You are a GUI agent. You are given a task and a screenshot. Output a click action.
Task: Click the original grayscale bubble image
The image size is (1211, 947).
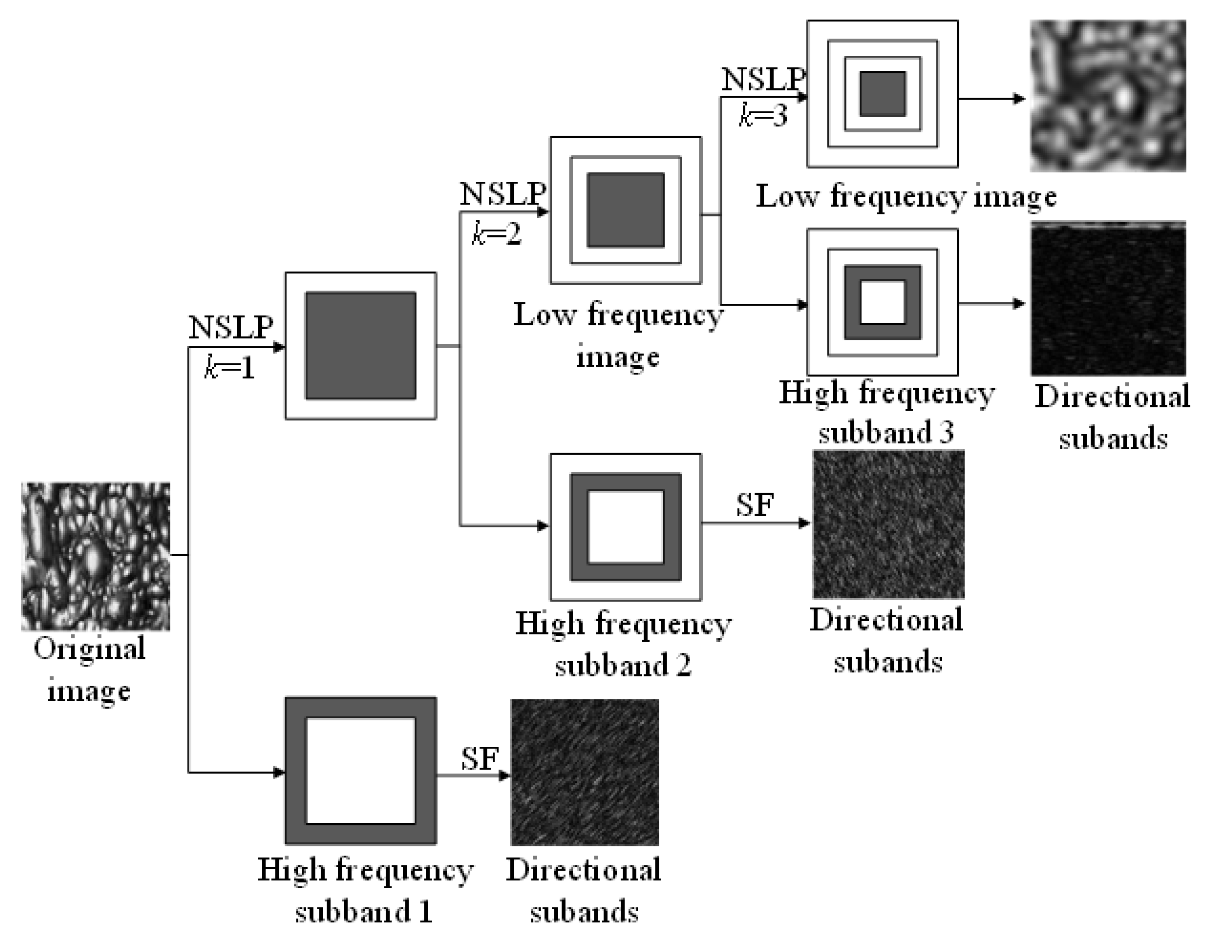tap(95, 556)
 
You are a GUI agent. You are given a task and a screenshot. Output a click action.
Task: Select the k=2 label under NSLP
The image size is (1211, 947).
tap(496, 234)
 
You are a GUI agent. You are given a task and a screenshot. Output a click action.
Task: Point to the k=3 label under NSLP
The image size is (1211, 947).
tap(763, 116)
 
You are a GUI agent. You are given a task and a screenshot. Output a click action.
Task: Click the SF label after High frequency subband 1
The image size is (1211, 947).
tap(480, 759)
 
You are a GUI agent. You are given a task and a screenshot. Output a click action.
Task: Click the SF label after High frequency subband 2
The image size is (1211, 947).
tap(755, 504)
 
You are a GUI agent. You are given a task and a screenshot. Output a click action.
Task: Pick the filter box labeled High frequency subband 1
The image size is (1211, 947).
tap(361, 771)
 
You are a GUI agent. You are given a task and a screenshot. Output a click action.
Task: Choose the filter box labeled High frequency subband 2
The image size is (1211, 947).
tap(626, 527)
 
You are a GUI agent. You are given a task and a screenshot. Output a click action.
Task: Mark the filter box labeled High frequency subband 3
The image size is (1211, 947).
tap(882, 302)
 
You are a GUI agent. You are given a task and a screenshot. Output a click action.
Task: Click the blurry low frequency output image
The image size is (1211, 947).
tap(1108, 96)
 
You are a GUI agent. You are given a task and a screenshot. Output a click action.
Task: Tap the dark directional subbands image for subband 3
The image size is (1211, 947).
tap(1108, 299)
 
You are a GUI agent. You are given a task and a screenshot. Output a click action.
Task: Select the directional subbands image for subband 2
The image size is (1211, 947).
tap(888, 524)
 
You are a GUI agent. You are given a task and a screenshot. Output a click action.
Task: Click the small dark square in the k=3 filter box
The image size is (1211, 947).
tap(882, 94)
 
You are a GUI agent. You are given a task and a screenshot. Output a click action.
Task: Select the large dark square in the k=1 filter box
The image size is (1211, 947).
tap(361, 346)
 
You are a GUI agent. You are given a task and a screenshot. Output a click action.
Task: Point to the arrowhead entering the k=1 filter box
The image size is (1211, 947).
tap(280, 348)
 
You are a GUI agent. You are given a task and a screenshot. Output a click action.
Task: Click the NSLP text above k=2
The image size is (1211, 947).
tap(502, 194)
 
